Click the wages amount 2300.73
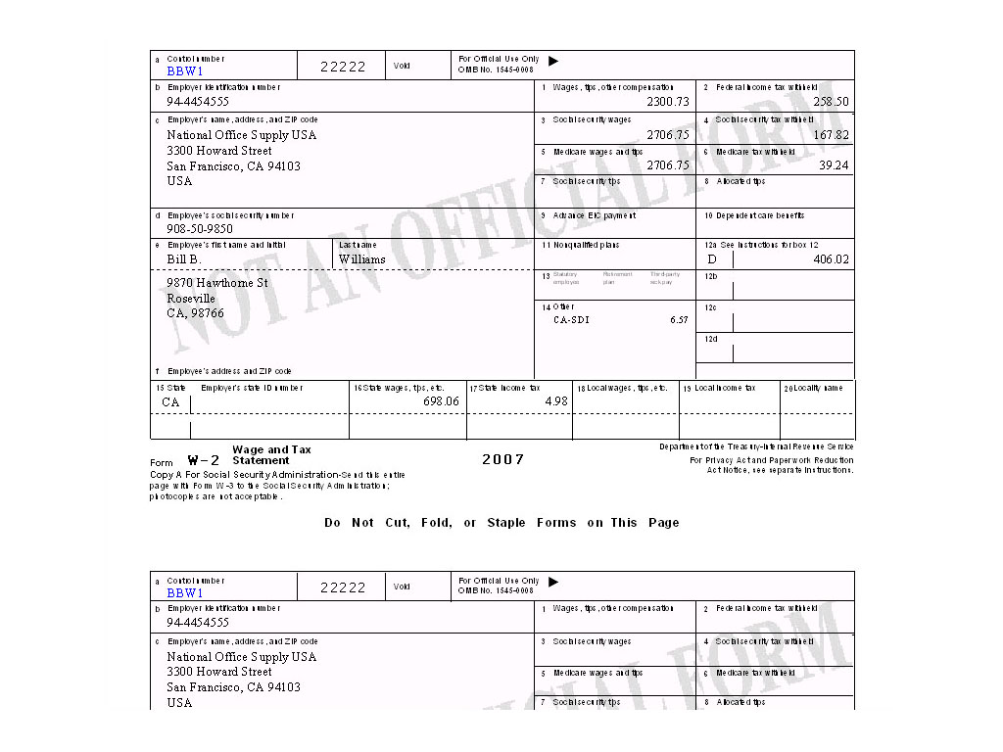668,102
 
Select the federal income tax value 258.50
831,102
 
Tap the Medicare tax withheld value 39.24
834,165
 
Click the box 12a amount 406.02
831,259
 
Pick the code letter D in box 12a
712,259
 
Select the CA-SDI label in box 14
571,320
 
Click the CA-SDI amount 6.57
679,320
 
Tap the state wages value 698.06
441,401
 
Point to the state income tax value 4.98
556,401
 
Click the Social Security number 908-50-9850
200,229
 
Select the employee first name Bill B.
184,259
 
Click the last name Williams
362,259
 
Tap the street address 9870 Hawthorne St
217,283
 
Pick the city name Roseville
191,299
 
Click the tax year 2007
502,459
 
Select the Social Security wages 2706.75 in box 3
668,135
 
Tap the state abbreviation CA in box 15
171,402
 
